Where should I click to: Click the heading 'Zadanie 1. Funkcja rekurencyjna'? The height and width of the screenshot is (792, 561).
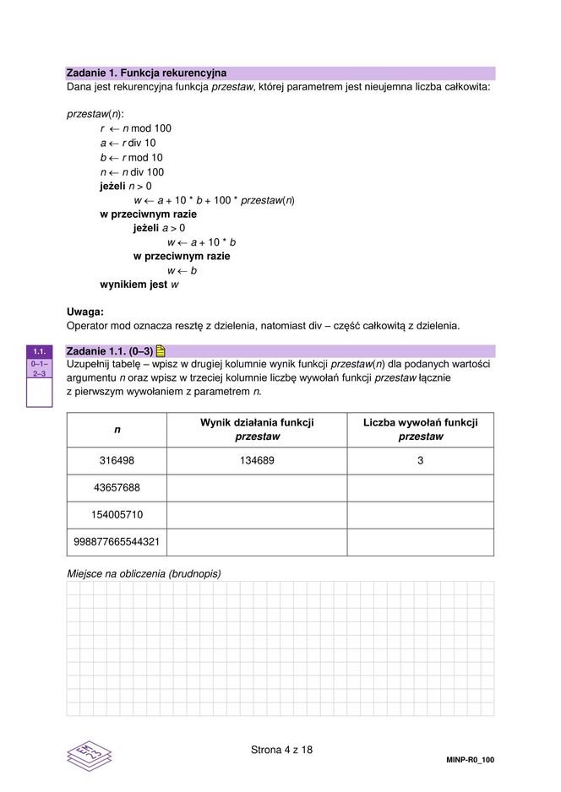point(146,73)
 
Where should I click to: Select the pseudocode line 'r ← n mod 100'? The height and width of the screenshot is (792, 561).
point(135,128)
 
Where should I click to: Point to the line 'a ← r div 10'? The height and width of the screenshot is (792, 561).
point(128,143)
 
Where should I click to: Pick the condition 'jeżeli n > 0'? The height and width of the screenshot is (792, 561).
point(126,186)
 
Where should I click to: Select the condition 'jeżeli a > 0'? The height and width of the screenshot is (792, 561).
point(160,228)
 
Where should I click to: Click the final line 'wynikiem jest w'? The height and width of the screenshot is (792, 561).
point(139,285)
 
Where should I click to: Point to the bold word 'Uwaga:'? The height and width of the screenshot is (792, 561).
point(84,312)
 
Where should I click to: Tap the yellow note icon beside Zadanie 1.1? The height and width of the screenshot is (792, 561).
point(161,350)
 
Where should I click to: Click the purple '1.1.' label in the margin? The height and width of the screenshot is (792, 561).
point(39,351)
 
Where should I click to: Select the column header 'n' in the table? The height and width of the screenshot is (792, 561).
point(117,430)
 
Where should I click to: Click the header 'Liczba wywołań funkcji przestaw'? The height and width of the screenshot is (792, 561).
point(420,430)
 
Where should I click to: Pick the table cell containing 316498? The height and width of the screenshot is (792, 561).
point(117,460)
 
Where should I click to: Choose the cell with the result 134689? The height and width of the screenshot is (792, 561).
point(257,460)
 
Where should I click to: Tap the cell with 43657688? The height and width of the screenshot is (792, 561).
point(117,487)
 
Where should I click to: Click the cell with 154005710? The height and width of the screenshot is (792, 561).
point(117,514)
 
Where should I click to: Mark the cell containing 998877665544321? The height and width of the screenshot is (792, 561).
point(117,541)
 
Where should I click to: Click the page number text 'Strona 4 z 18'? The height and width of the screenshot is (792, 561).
point(282,749)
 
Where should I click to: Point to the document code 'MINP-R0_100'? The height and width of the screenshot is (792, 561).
point(470,760)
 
